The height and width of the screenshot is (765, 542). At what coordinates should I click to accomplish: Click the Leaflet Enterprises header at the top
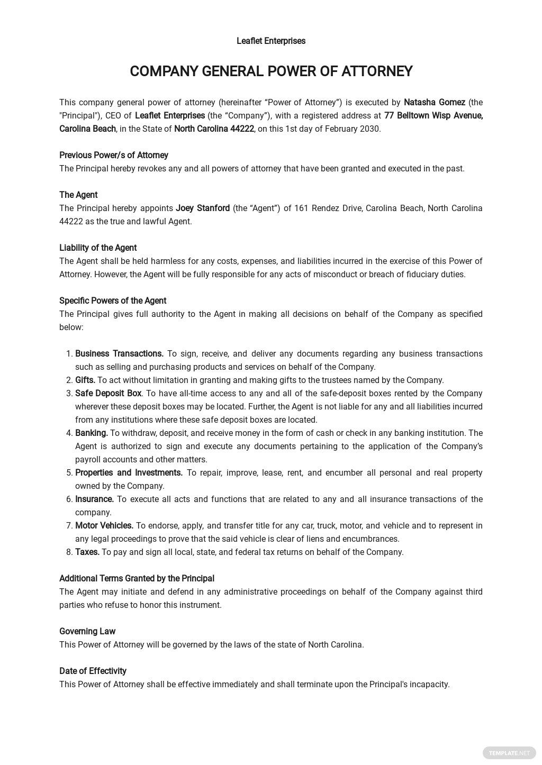coord(271,41)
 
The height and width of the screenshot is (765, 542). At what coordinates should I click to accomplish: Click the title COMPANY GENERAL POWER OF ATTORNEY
coord(271,71)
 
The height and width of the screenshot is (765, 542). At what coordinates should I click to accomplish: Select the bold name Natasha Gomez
coord(434,102)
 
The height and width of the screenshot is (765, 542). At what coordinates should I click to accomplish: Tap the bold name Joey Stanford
coord(203,208)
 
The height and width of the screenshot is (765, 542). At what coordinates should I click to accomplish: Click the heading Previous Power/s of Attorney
coord(114,155)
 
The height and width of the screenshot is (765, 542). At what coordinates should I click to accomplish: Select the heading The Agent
coord(78,195)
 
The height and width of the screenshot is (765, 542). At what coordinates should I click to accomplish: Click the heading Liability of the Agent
coord(98,248)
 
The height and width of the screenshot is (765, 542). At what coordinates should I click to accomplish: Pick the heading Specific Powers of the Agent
coord(113,300)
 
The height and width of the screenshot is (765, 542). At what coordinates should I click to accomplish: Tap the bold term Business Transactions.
coord(119,353)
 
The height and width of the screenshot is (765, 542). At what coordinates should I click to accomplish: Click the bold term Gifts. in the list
coord(85,380)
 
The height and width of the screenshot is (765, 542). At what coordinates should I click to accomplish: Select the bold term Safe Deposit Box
coord(109,393)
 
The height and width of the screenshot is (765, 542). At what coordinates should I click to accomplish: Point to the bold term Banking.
coord(92,433)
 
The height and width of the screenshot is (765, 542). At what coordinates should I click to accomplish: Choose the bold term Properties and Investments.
coord(129,472)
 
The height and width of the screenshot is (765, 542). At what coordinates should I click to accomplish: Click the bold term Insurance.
coord(95,499)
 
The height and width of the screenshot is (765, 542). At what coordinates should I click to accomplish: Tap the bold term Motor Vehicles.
coord(104,525)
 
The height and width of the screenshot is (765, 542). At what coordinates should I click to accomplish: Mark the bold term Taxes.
coord(87,552)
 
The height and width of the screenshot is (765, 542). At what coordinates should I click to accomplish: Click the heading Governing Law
coord(87,631)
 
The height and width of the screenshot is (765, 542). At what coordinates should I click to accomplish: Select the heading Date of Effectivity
coord(93,671)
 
